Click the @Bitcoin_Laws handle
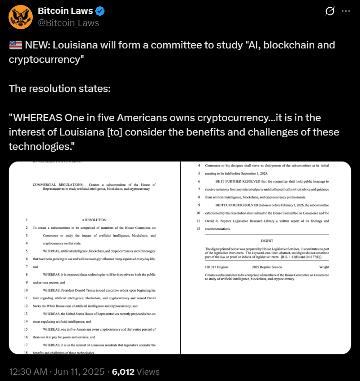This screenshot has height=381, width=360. (68, 23)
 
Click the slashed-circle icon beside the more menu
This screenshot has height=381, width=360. (330, 12)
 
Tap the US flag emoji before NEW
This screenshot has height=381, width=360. (15, 45)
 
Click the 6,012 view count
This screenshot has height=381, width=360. (123, 372)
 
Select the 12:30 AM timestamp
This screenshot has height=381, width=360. (28, 372)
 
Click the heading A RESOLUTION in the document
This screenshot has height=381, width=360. (94, 220)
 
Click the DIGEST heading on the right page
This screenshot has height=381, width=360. (267, 241)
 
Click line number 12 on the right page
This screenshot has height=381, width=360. (198, 229)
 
